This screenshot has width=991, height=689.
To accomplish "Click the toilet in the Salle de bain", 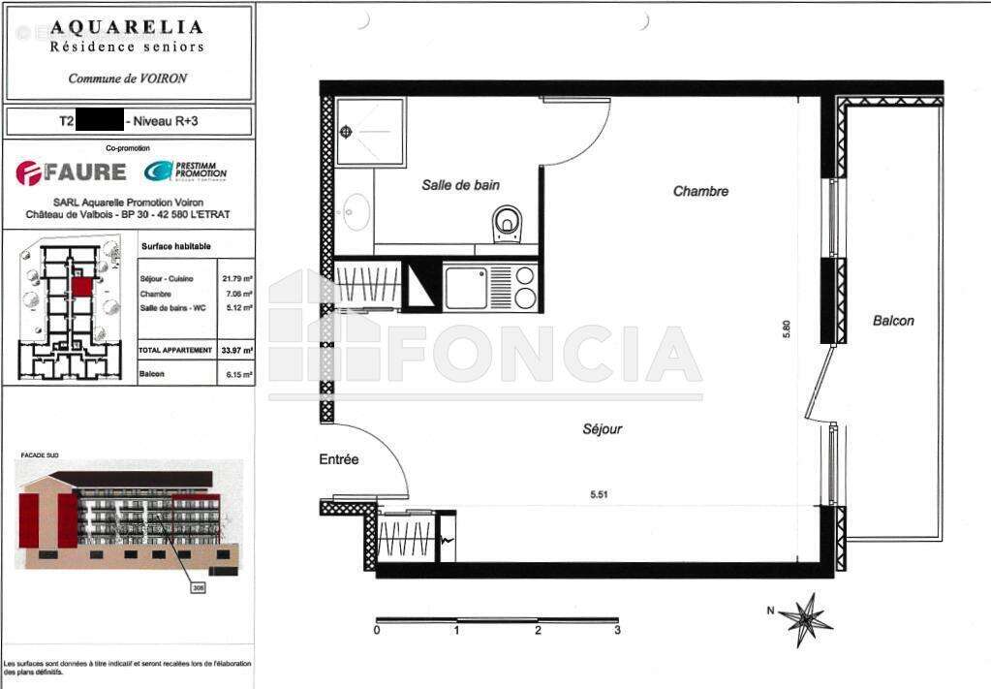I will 507,224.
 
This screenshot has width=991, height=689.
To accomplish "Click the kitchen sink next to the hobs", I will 466,288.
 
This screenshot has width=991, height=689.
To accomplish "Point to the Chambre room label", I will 700,192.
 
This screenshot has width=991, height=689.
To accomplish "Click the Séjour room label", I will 602,428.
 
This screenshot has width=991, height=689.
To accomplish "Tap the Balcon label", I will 892,321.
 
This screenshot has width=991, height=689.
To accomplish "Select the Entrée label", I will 339,459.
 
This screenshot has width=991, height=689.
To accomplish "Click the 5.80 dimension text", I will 788,329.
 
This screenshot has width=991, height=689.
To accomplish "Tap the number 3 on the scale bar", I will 617,631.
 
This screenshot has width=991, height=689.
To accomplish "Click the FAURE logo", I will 71,172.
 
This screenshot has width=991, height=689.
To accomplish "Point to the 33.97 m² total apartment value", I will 237,350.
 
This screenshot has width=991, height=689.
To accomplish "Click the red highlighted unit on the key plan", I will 81,286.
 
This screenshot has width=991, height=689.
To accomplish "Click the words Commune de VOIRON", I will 127,78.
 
